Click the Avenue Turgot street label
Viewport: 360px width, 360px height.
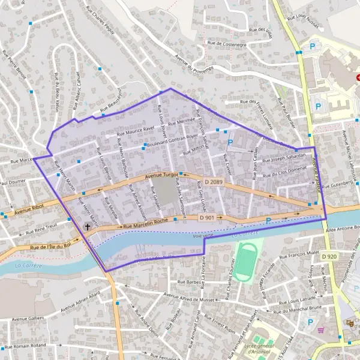pyautogui.click(x=162, y=176)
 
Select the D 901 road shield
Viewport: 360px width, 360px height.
pyautogui.click(x=207, y=218)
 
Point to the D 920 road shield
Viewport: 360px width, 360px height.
pyautogui.click(x=329, y=257)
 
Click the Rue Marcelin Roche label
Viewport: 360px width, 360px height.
pyautogui.click(x=145, y=224)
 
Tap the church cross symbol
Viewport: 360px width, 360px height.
pyautogui.click(x=88, y=227)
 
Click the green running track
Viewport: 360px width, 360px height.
pyautogui.click(x=244, y=262)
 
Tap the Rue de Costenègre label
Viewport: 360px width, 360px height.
pyautogui.click(x=226, y=44)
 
